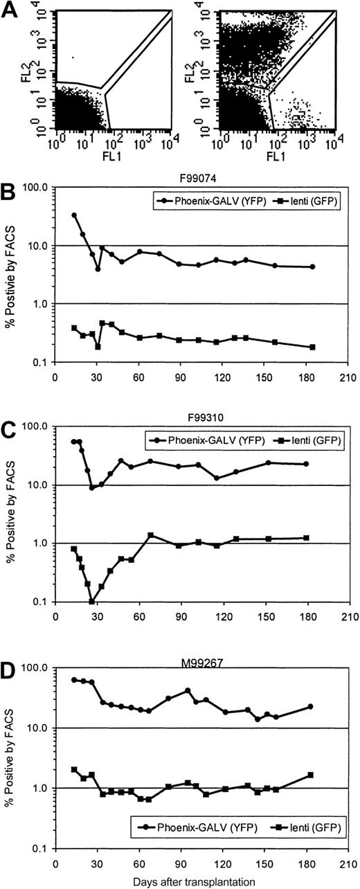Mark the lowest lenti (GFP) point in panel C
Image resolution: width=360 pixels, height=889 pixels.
[92, 601]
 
